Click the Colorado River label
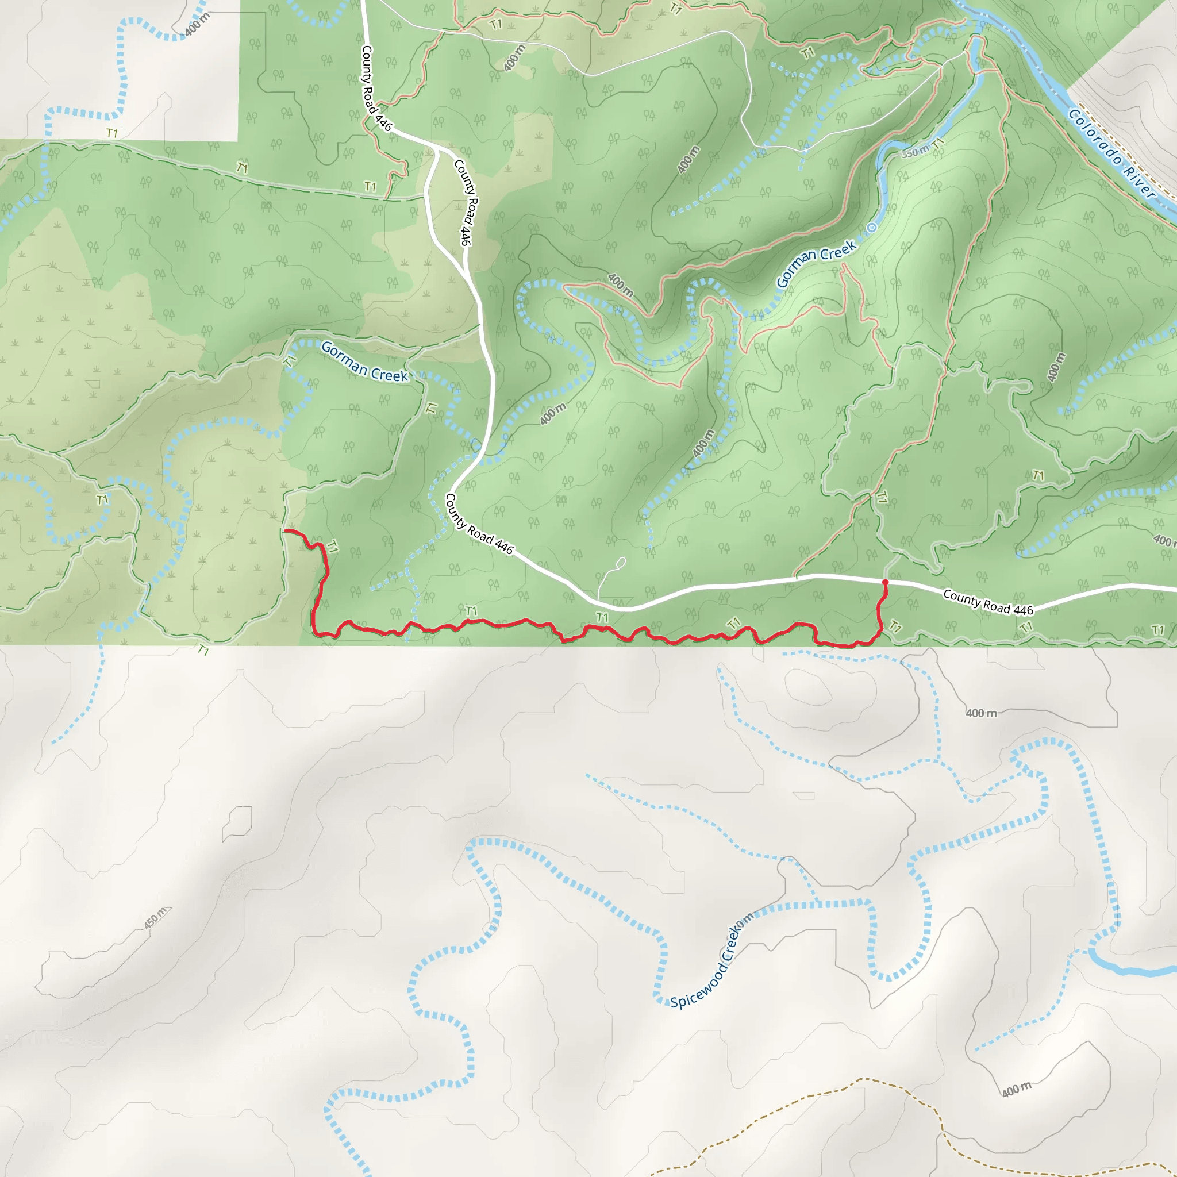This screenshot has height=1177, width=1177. click(1113, 154)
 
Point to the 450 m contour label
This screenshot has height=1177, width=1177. click(155, 917)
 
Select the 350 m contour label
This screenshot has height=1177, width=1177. click(914, 151)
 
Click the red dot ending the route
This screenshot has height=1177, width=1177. click(885, 583)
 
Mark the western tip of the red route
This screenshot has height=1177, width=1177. click(286, 531)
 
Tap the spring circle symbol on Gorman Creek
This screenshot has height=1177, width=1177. click(872, 228)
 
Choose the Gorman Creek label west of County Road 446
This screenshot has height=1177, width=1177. click(364, 361)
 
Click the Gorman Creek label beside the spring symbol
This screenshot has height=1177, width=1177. click(816, 263)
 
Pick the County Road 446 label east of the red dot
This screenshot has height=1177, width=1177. click(987, 602)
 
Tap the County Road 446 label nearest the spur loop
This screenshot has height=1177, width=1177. click(479, 525)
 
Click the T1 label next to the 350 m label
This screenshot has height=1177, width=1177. click(937, 144)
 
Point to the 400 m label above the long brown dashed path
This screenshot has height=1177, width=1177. click(1017, 1088)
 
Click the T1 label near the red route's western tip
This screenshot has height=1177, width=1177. click(332, 547)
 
